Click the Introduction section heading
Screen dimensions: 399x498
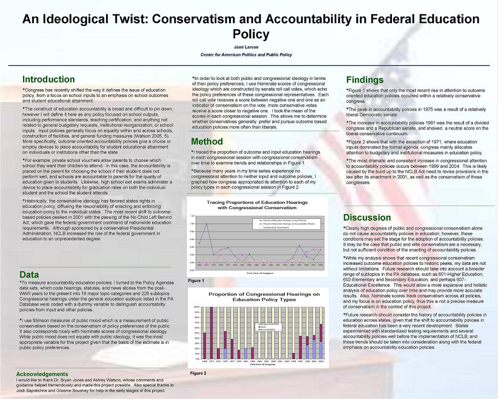point(49,79)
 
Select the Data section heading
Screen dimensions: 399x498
point(29,275)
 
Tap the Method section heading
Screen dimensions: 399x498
point(206,141)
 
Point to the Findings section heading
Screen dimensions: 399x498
point(365,80)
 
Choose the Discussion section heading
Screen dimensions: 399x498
point(367,218)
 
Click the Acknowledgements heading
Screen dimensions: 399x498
point(42,374)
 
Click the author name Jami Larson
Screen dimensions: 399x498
point(250,47)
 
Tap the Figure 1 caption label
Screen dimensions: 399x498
point(196,281)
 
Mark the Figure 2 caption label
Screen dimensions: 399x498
point(198,373)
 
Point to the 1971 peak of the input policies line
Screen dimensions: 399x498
point(206,224)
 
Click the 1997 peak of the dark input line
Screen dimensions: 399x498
point(300,245)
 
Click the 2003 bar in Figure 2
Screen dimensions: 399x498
point(321,341)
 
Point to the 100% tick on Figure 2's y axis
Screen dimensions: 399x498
point(196,307)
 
